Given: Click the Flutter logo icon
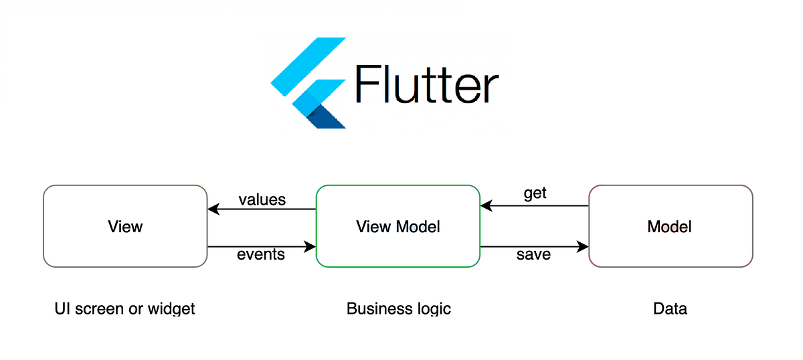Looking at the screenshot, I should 308,84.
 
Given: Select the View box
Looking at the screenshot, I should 125,226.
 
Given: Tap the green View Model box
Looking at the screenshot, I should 398,226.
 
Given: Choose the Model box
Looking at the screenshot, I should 671,226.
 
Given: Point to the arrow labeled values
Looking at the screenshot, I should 262,209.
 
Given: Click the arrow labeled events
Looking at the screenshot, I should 262,247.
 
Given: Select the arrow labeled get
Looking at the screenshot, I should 535,205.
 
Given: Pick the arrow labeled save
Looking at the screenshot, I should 535,247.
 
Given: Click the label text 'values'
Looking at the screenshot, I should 262,199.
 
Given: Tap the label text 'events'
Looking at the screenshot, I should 261,255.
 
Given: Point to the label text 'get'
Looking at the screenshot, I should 535,193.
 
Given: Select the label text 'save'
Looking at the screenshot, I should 533,255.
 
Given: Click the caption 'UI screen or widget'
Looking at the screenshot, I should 125,308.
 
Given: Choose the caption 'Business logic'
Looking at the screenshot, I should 399,308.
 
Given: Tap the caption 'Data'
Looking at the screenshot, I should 671,308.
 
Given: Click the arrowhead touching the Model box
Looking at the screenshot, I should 583,247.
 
